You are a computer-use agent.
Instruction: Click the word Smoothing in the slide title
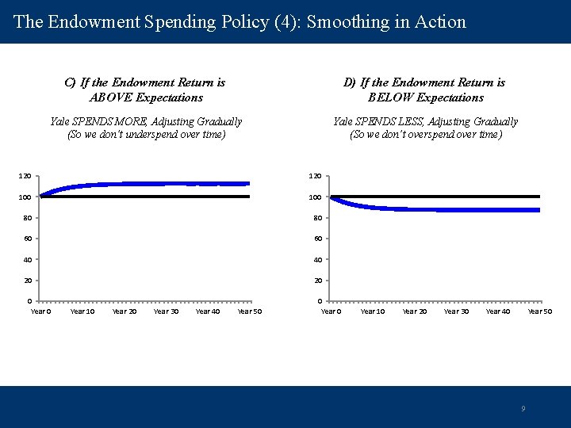(x=346, y=21)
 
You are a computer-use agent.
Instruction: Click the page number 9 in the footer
(x=523, y=409)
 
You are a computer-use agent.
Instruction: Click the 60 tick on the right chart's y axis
(x=316, y=239)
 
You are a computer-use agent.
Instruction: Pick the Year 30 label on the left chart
(x=166, y=311)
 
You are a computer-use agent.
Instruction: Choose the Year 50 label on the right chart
(x=540, y=311)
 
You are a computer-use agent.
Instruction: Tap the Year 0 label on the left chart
(x=40, y=311)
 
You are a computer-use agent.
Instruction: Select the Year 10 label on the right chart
(x=373, y=311)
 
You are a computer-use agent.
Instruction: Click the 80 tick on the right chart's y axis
(x=316, y=218)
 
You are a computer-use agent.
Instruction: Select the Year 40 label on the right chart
(x=498, y=311)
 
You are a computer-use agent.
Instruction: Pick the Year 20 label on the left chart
(x=124, y=311)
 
